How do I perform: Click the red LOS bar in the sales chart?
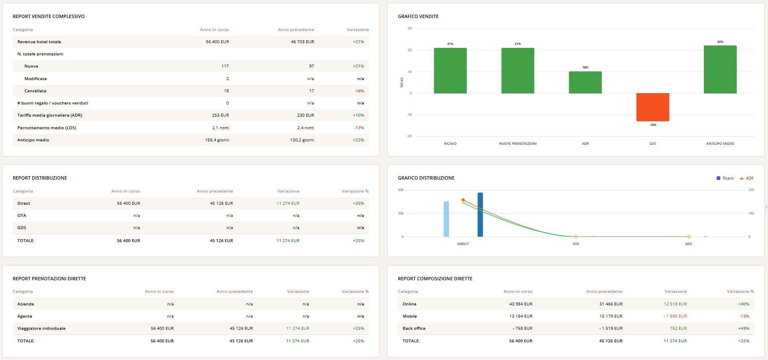pyautogui.click(x=653, y=107)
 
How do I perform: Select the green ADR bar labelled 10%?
pyautogui.click(x=585, y=82)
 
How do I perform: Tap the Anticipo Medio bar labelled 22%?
pyautogui.click(x=720, y=69)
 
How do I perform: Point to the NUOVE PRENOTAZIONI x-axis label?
pyautogui.click(x=517, y=143)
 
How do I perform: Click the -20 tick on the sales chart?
pyautogui.click(x=409, y=136)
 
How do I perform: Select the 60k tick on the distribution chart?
pyautogui.click(x=401, y=190)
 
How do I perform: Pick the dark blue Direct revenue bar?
pyautogui.click(x=480, y=214)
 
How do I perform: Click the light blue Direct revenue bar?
pyautogui.click(x=446, y=219)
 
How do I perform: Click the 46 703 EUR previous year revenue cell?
pyautogui.click(x=302, y=42)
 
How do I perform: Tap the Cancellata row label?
pyautogui.click(x=35, y=91)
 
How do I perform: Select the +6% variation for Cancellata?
pyautogui.click(x=359, y=91)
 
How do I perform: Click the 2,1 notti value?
pyautogui.click(x=220, y=128)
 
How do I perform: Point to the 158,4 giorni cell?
pyautogui.click(x=217, y=140)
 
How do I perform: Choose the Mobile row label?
pyautogui.click(x=410, y=316)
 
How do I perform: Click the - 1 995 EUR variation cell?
pyautogui.click(x=675, y=316)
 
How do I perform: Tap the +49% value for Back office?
pyautogui.click(x=743, y=328)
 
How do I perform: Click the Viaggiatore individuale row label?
pyautogui.click(x=41, y=328)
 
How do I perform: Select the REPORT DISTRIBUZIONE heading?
pyautogui.click(x=40, y=178)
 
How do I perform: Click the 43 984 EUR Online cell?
pyautogui.click(x=520, y=304)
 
